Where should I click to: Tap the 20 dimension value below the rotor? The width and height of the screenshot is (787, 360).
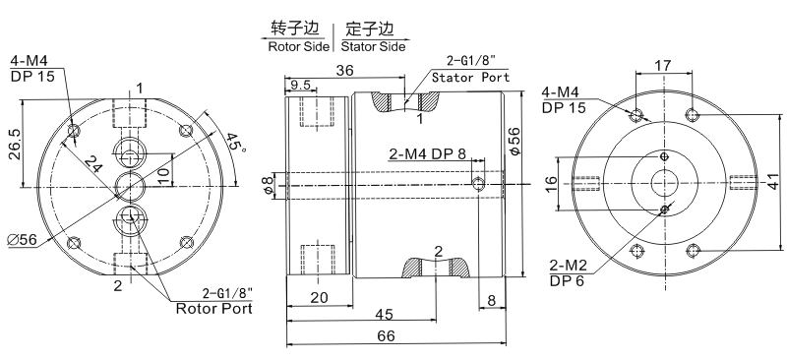click(318, 297)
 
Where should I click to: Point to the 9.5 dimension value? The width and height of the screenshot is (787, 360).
click(301, 85)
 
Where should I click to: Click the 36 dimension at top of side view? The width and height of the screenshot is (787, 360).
click(345, 70)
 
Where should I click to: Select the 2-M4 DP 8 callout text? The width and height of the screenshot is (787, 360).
click(434, 153)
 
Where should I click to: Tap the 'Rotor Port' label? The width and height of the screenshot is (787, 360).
click(213, 308)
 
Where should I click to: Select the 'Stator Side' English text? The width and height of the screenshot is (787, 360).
click(374, 45)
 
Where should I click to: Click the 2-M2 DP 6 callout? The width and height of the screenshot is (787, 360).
click(571, 272)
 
